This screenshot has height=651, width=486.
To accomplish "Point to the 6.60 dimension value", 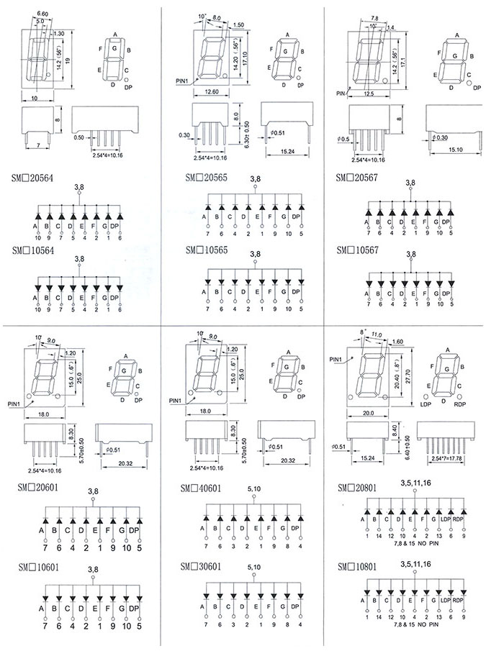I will [x=42, y=14].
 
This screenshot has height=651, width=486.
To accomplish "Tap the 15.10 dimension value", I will [x=455, y=150].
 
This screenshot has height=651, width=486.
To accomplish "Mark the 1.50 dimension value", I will [x=238, y=25].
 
